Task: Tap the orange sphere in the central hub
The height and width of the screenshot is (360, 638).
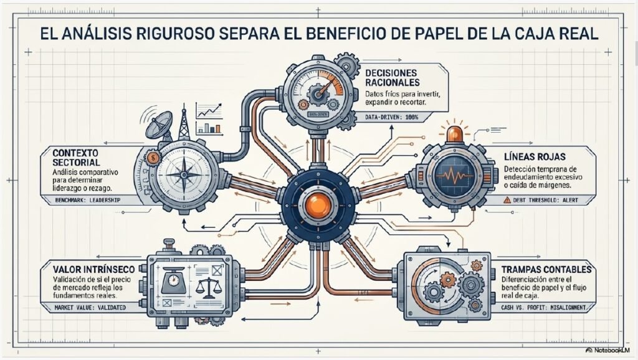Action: click(318, 205)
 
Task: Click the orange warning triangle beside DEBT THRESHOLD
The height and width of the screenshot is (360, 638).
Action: click(507, 200)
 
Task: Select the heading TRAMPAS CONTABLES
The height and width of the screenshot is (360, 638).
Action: click(546, 269)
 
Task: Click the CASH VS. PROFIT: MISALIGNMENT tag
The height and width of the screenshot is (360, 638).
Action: click(543, 308)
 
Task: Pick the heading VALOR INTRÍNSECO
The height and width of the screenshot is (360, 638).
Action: click(93, 269)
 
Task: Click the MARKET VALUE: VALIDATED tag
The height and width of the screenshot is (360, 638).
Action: click(90, 308)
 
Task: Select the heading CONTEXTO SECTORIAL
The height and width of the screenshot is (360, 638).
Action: click(76, 158)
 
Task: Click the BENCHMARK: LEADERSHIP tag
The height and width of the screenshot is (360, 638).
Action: click(87, 200)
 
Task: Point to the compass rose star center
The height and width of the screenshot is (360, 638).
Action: click(184, 175)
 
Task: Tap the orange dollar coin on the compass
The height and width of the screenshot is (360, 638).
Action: click(153, 158)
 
